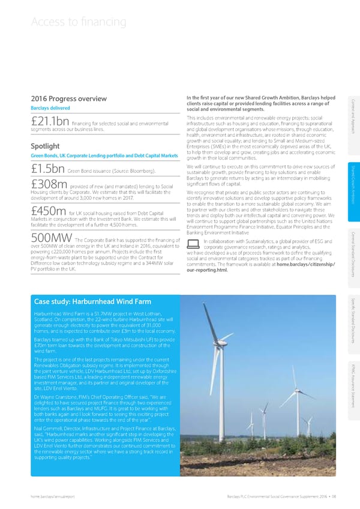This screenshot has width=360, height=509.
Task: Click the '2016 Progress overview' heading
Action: pos(64,99)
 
